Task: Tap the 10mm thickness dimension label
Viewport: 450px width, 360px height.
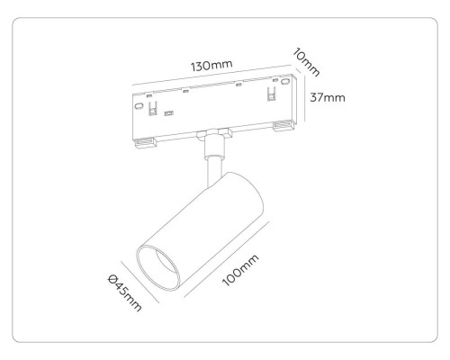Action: point(306,62)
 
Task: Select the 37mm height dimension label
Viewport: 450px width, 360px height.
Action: point(328,97)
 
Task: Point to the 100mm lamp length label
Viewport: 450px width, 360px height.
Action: point(240,271)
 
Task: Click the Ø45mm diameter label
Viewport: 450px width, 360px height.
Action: point(124,292)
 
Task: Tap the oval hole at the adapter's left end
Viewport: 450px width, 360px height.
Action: point(139,106)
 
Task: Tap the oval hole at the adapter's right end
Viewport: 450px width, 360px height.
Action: point(285,81)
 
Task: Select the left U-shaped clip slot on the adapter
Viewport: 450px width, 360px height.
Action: point(153,108)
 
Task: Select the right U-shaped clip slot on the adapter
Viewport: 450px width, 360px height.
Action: point(272,94)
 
